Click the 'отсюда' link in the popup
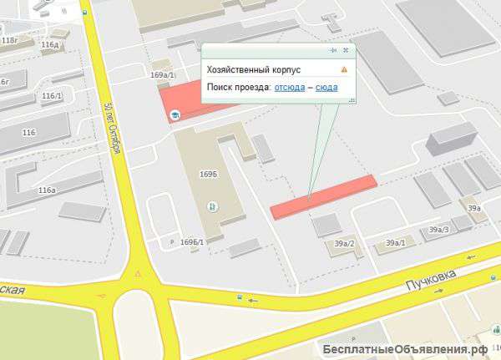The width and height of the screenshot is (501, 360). [289, 87]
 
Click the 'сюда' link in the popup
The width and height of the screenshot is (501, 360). [326, 87]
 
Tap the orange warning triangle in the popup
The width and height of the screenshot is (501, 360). [344, 71]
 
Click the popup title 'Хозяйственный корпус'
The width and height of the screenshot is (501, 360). [254, 71]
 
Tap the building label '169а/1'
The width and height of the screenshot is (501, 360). [162, 75]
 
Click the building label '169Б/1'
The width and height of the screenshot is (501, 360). [192, 241]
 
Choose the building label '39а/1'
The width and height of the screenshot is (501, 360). [395, 243]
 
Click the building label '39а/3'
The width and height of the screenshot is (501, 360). [438, 229]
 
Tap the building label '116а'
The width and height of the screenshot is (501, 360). [47, 190]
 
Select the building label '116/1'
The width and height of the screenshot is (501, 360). [52, 96]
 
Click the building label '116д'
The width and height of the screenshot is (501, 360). [49, 44]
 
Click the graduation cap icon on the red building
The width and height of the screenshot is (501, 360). [175, 114]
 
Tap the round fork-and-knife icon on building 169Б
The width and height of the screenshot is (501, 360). [211, 205]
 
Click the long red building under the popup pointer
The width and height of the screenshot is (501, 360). [325, 195]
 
